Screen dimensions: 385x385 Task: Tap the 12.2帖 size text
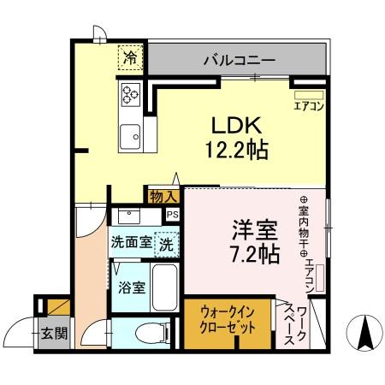(x=235, y=151)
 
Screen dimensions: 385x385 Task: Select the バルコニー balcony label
(x=239, y=61)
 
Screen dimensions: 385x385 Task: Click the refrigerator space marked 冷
(x=130, y=59)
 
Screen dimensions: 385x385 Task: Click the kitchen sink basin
(x=131, y=133)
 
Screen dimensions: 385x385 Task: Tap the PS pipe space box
(x=172, y=215)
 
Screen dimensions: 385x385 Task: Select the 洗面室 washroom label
(x=130, y=243)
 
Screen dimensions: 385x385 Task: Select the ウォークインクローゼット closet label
(x=230, y=322)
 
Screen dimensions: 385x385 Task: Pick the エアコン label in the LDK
(x=307, y=106)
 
